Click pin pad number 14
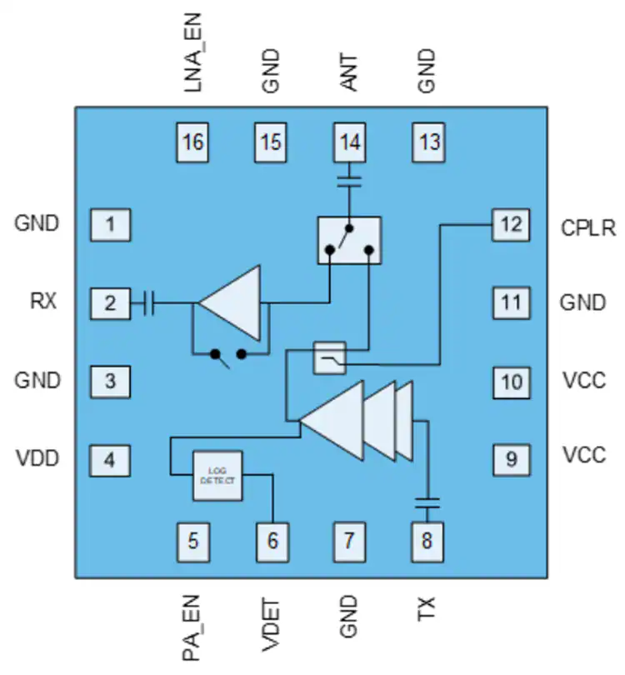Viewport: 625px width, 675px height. point(349,142)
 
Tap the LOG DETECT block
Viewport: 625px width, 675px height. point(217,476)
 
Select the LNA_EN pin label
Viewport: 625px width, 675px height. point(192,52)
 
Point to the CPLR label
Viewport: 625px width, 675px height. point(588,227)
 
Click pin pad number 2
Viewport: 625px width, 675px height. point(110,303)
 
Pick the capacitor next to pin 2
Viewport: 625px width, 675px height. point(148,303)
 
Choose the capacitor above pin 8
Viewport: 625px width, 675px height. point(427,502)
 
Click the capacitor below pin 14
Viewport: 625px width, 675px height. point(349,181)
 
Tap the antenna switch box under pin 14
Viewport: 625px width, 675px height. point(349,240)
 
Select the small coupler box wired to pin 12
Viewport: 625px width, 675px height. point(330,357)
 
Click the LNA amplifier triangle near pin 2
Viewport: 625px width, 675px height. point(230,303)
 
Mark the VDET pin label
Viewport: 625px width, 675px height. point(271,625)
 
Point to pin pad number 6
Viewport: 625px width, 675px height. point(272,542)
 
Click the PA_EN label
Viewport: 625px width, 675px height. point(192,627)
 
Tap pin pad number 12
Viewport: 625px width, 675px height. point(511,225)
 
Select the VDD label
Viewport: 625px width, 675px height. point(37,458)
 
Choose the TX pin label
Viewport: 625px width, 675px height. point(427,608)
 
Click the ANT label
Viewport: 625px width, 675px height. point(349,72)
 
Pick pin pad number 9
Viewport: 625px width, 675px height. point(512,460)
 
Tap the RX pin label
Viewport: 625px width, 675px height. point(43,301)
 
